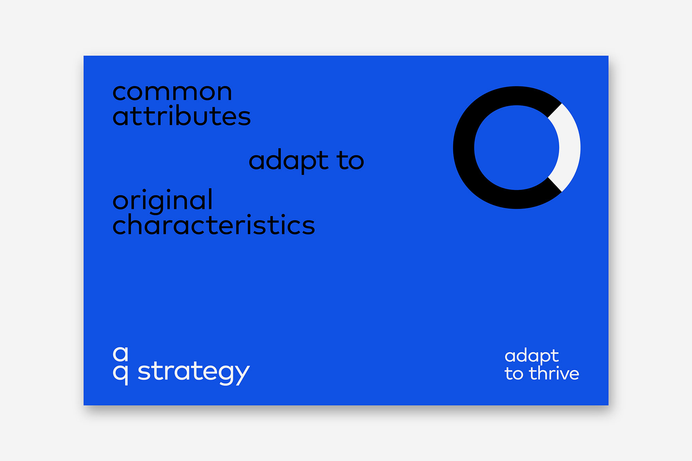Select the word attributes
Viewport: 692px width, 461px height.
(182, 115)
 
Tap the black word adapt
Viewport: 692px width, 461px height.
(289, 161)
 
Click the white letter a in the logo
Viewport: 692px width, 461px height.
(120, 353)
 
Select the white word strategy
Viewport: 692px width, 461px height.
(194, 372)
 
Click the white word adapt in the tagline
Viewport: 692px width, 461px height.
(531, 356)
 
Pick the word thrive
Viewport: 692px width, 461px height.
(554, 374)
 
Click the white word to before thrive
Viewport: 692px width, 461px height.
(514, 374)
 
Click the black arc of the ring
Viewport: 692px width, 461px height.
(464, 148)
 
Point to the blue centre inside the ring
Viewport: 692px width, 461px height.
(517, 148)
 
